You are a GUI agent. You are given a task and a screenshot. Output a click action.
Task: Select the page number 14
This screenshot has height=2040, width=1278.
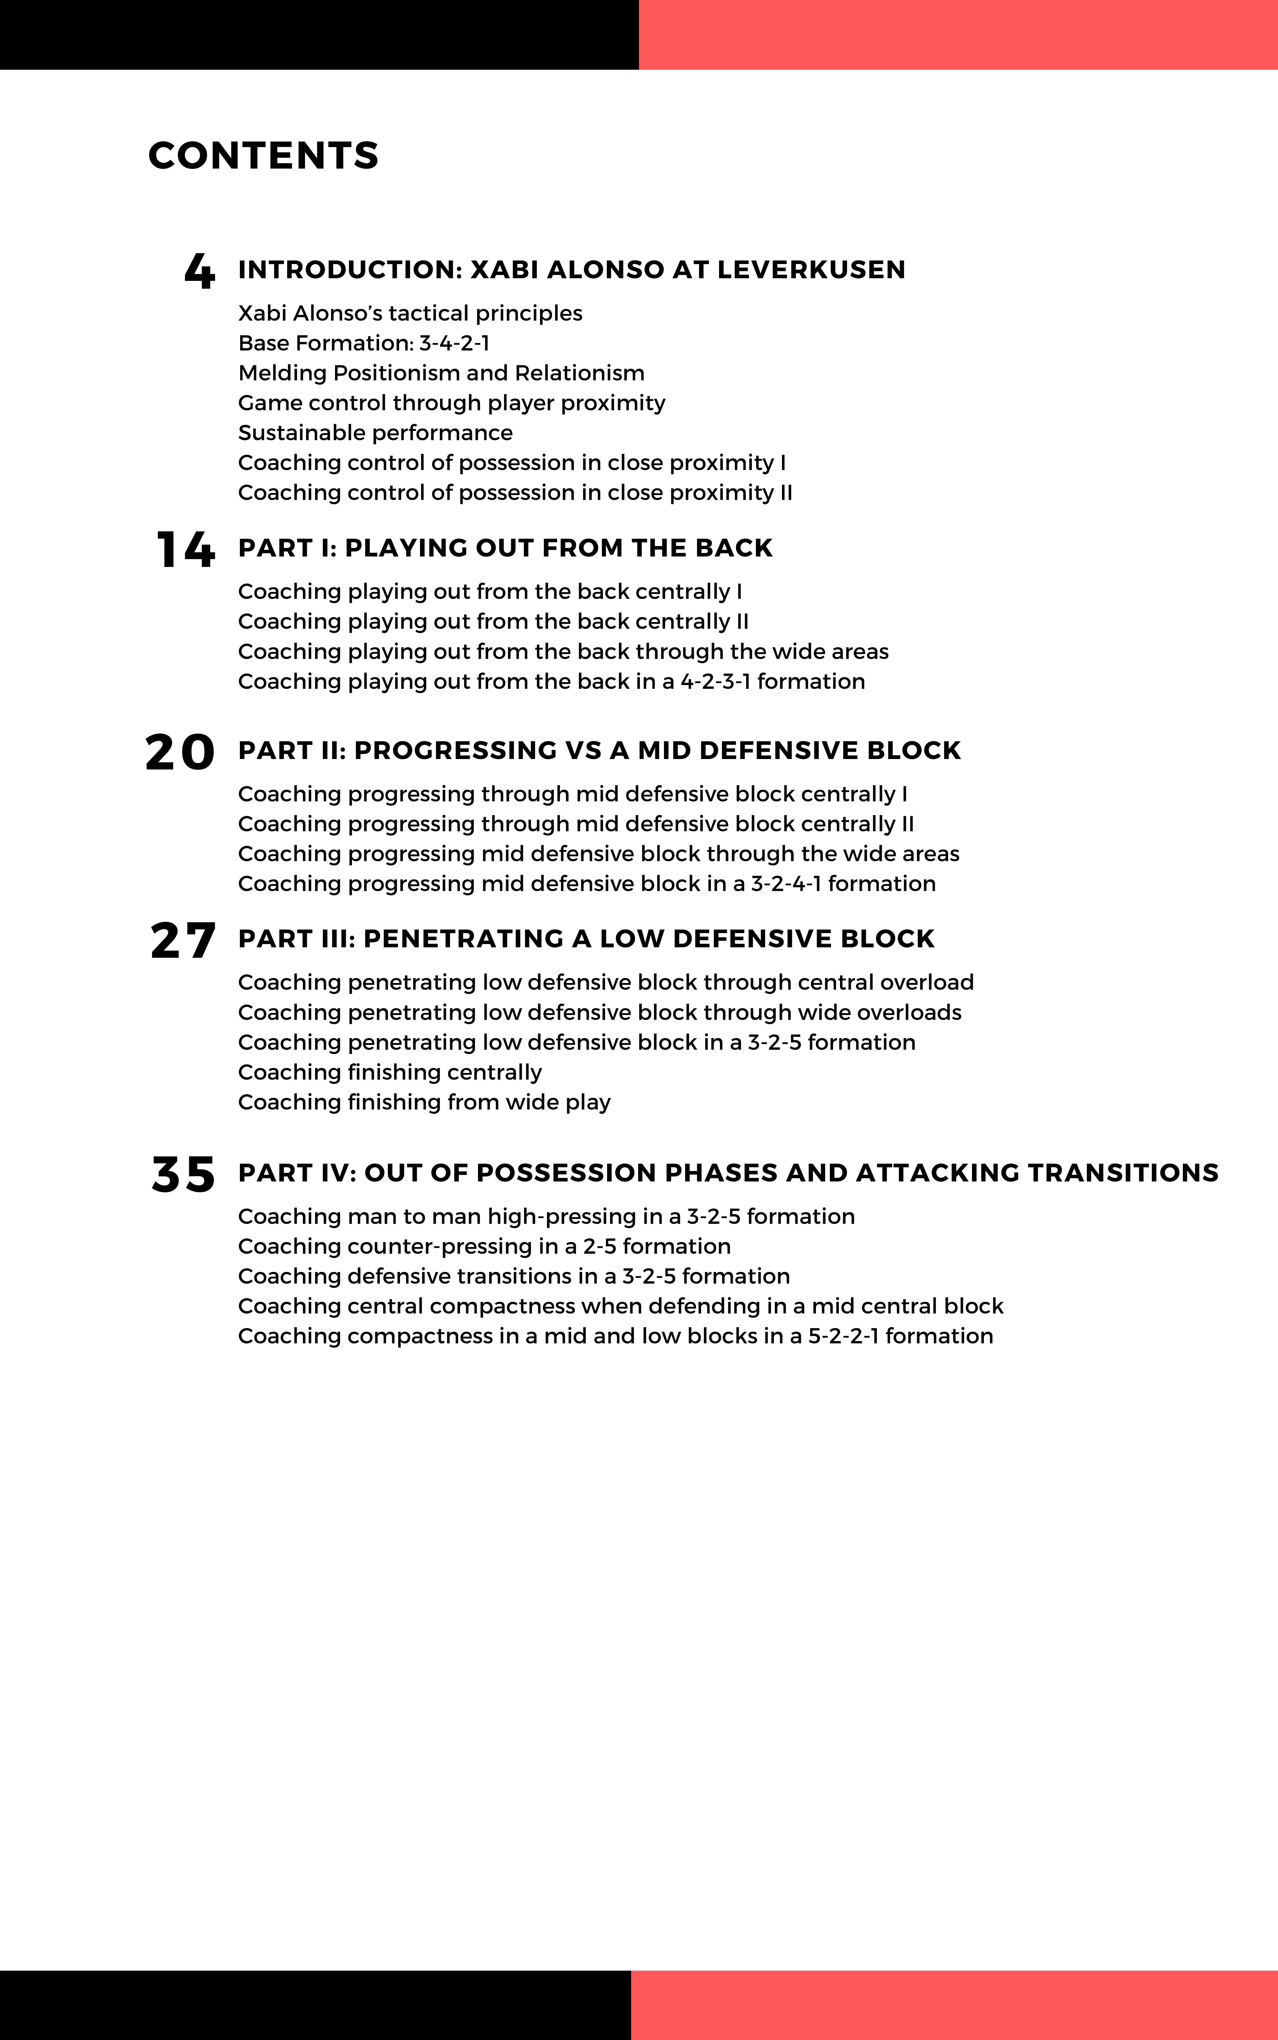[185, 550]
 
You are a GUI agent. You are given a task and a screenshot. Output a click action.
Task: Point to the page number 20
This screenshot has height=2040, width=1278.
[180, 751]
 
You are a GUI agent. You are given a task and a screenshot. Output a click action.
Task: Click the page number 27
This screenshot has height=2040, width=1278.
[182, 940]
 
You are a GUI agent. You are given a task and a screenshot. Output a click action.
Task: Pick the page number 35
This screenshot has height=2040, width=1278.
[183, 1174]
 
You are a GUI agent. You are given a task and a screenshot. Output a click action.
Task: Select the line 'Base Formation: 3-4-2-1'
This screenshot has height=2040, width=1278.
[363, 343]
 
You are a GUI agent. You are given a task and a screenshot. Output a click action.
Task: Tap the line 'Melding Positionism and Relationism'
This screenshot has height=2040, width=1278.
[441, 373]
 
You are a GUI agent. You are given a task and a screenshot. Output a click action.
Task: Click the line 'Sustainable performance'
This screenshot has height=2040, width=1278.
[375, 433]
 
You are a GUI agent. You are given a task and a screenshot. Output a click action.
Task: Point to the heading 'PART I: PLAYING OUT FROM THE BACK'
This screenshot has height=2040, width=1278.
[506, 548]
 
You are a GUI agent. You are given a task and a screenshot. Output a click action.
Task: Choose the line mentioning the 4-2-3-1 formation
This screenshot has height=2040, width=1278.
[551, 682]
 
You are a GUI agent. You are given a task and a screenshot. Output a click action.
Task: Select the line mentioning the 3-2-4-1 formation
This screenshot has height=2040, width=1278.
[586, 883]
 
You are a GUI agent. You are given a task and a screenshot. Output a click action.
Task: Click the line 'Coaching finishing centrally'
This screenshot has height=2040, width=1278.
[390, 1072]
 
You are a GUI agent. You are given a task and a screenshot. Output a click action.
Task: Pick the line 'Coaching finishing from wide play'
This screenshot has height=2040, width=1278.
[424, 1103]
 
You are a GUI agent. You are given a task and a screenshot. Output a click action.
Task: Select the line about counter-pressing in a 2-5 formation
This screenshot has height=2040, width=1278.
[484, 1246]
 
